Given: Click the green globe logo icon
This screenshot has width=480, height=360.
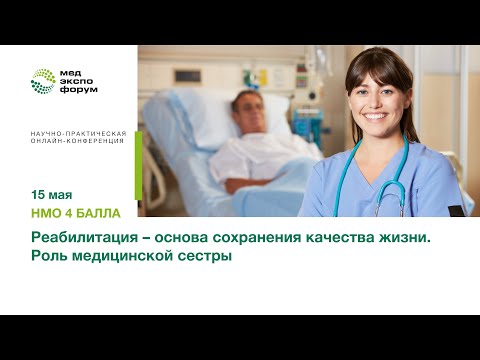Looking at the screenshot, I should tap(43, 81).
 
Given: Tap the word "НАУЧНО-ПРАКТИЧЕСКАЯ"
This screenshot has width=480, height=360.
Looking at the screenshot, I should tap(77, 133).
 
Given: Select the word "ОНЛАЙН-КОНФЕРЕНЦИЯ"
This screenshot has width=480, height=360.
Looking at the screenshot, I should tap(77, 142).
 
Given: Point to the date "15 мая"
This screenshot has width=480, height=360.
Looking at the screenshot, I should tap(51, 193).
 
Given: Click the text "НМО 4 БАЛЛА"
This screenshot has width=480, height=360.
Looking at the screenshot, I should tap(76, 213).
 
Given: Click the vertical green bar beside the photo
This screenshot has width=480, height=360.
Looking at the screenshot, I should tap(138, 164).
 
